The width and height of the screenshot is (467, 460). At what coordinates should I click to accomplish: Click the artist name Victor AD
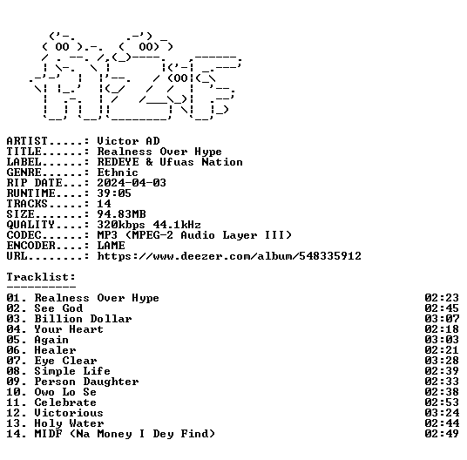point(129,141)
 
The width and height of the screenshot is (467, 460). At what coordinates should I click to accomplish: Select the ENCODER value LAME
point(112,246)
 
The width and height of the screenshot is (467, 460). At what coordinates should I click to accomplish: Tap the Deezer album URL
point(229,256)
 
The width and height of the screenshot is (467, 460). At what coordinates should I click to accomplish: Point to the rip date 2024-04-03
point(132,182)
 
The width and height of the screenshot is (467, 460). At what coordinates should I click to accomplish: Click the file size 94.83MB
point(121,213)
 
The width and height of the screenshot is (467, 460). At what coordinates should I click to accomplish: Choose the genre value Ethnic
point(118,172)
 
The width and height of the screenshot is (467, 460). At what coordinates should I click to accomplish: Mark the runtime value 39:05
point(114,193)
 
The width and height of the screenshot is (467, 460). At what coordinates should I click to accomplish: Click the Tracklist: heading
point(41,276)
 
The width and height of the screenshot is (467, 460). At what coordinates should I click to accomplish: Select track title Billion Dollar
point(83,319)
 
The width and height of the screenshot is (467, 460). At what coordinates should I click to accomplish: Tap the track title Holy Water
point(69,423)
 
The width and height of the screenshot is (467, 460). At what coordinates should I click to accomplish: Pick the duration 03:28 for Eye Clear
point(442,361)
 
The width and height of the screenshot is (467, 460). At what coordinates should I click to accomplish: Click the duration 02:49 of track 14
point(442,434)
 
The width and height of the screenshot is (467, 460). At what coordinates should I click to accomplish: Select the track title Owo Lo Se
point(65,392)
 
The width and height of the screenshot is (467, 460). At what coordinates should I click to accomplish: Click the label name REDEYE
point(118,162)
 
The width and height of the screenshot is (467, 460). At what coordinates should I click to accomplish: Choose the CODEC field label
point(24,235)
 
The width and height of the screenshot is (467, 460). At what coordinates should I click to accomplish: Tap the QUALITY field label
point(30,225)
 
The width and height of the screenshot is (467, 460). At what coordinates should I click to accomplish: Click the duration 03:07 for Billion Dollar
point(442,319)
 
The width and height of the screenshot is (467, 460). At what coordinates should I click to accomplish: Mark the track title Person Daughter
point(86,382)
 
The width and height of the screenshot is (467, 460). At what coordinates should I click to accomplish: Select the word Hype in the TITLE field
point(208,152)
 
